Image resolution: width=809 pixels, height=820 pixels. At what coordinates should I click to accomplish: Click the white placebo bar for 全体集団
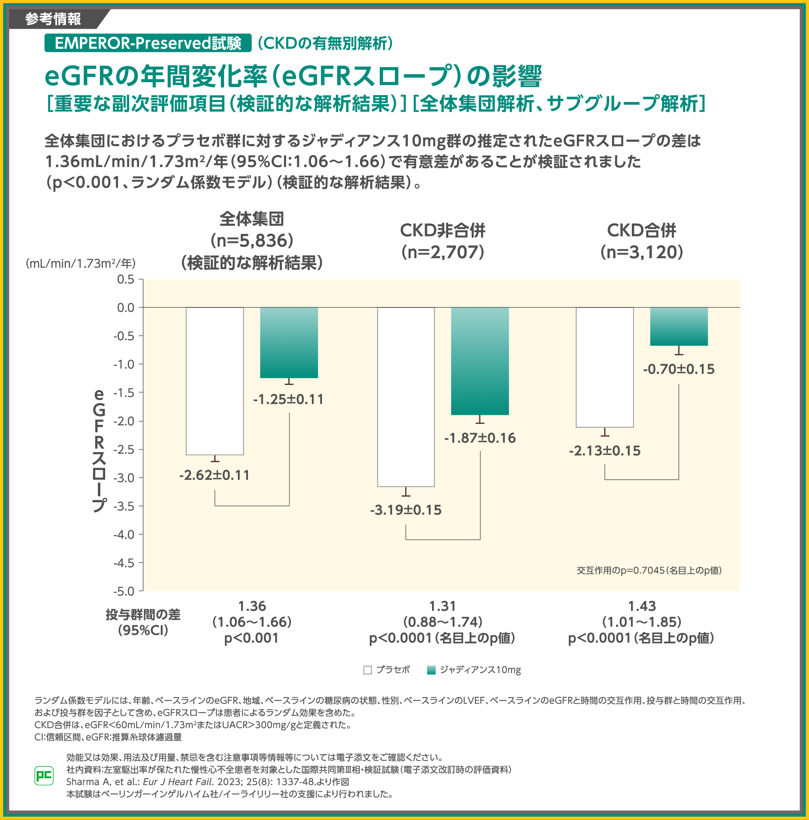coord(215,381)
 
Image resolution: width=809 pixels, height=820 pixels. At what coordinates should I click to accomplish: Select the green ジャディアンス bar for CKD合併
coord(678,326)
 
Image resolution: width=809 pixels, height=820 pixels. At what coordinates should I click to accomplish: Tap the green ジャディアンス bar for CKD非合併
coord(479,361)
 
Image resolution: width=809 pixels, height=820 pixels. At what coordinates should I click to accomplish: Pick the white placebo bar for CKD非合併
coord(406,396)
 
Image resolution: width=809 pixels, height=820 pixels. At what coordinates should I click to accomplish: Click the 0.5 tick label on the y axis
coord(125,279)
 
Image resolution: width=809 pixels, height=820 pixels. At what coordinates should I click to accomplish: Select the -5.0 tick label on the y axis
coord(123,591)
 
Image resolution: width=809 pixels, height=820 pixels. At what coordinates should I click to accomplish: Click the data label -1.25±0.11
coord(288,399)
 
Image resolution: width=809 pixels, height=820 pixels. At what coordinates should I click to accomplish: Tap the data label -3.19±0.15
coord(406,510)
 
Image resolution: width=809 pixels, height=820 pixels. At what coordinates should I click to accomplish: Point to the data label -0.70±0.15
coord(678,369)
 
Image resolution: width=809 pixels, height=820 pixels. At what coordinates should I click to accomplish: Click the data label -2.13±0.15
coord(604,451)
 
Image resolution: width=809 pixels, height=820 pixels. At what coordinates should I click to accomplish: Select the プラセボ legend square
coord(367,670)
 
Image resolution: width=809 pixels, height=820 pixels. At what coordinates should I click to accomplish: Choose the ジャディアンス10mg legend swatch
coord(431,670)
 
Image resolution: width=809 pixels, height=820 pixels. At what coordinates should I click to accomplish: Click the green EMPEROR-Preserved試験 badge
coord(148,43)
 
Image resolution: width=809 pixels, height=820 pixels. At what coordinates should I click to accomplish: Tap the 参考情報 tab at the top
coord(53,19)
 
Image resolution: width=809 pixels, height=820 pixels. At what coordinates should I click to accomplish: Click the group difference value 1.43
coord(642,606)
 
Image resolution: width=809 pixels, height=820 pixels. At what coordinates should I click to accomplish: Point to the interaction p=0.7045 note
coord(649,570)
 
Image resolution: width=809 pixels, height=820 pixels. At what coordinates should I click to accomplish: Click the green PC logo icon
coord(44,776)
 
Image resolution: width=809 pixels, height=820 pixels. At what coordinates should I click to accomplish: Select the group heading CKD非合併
coord(443,230)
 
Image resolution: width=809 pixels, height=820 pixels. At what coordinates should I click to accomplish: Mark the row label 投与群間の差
coord(143,614)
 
